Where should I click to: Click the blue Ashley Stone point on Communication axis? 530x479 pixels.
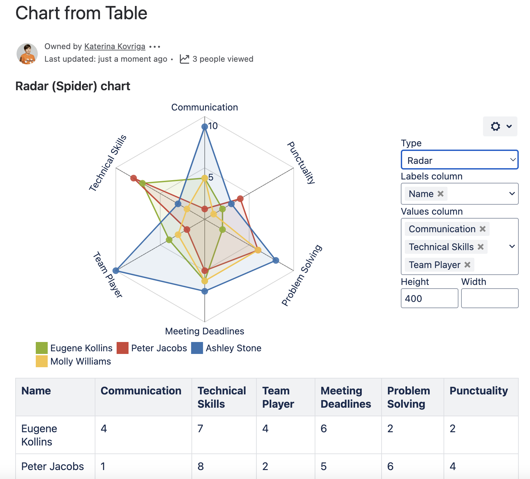pos(205,126)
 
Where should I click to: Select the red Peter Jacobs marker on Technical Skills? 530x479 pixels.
pos(133,178)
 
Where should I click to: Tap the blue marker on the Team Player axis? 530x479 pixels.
pos(116,271)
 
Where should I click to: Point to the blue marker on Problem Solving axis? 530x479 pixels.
pos(276,260)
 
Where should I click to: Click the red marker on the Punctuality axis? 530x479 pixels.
pos(240,199)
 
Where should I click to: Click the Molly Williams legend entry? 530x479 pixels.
pos(74,361)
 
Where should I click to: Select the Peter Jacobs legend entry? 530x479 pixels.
pos(152,348)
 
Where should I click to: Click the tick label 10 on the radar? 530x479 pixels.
pos(213,126)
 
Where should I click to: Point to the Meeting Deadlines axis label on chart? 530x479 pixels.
pos(204,331)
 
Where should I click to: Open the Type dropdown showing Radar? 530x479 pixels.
pos(459,160)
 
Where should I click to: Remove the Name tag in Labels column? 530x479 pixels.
pos(441,194)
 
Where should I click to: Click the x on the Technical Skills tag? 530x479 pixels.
pos(481,247)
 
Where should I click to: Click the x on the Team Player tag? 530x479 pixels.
pos(467,265)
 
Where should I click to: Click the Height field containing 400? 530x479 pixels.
pos(429,298)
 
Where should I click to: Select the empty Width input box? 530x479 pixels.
pos(490,298)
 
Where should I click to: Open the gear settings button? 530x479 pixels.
pos(500,126)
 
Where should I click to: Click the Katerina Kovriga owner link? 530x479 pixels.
pos(115,46)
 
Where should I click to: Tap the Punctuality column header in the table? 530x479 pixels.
pos(479,391)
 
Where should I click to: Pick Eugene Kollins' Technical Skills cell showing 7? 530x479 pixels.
pos(200,429)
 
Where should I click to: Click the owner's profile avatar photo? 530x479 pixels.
pos(27,53)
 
